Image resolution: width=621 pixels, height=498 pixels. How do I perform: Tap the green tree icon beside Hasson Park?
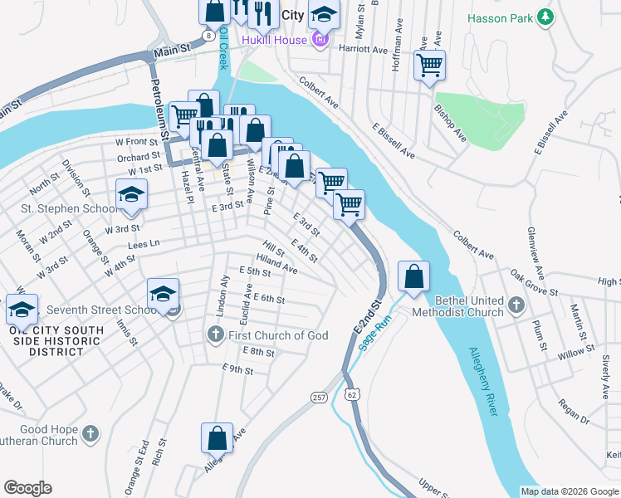[x=545, y=17]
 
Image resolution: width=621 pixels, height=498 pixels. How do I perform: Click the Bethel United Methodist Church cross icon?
[x=516, y=305]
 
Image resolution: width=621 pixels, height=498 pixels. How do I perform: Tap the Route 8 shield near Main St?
[x=208, y=37]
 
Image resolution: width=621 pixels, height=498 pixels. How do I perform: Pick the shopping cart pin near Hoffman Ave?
[x=429, y=64]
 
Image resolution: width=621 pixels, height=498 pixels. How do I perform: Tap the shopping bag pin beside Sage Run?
[x=413, y=276]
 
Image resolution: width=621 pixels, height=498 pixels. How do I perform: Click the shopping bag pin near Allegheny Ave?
[x=217, y=437]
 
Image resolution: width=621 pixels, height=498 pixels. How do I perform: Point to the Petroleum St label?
[x=159, y=108]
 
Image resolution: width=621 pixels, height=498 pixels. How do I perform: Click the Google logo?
[x=27, y=488]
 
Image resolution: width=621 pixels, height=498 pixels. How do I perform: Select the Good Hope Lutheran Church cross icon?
[x=90, y=433]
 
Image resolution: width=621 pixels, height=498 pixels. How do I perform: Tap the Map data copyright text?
[x=569, y=491]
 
